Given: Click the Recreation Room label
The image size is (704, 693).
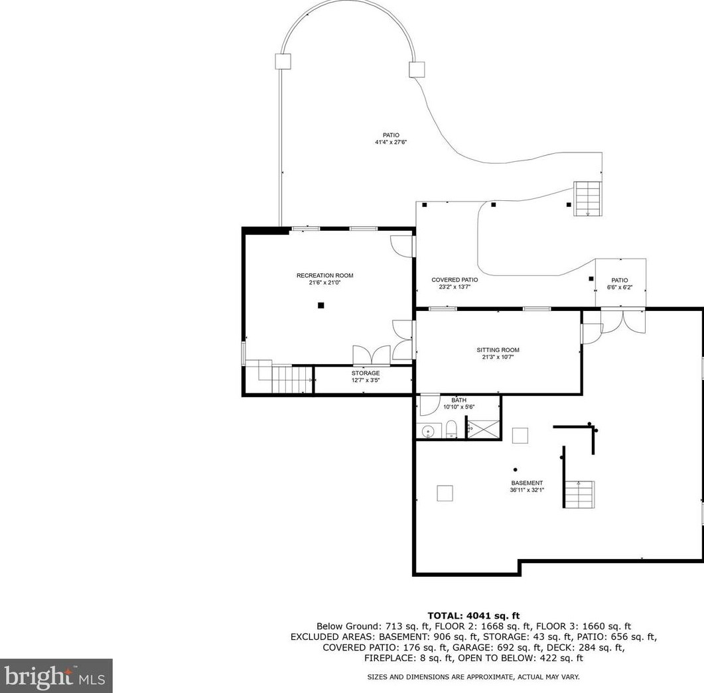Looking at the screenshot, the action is point(324,276).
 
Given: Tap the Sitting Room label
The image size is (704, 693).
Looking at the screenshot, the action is point(498,350).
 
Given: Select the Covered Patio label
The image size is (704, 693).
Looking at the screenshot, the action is point(455,280).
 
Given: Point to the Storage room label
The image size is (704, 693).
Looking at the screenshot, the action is point(366,373).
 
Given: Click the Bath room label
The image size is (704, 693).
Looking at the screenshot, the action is point(459,401).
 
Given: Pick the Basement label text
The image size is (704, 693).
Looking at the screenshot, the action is point(527,483).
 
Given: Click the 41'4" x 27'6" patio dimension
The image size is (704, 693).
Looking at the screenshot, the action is point(391,143).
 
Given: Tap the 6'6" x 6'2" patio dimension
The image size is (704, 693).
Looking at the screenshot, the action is point(620,288).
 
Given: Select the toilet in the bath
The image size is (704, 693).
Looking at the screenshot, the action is point(451,428).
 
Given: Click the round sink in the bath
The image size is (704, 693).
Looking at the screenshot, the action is point(428,431).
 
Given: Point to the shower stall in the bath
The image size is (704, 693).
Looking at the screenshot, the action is point(483,430).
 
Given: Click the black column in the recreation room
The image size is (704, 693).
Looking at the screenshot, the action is point(320,305).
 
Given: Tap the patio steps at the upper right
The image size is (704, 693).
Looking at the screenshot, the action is point(588,199).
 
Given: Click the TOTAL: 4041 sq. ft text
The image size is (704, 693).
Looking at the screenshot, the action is point(473,616).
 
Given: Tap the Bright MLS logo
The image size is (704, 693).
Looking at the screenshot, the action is point(56,676).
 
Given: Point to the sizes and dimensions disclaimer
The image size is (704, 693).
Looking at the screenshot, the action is point(473,677).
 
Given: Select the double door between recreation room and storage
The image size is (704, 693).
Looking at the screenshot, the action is point(372,355).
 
